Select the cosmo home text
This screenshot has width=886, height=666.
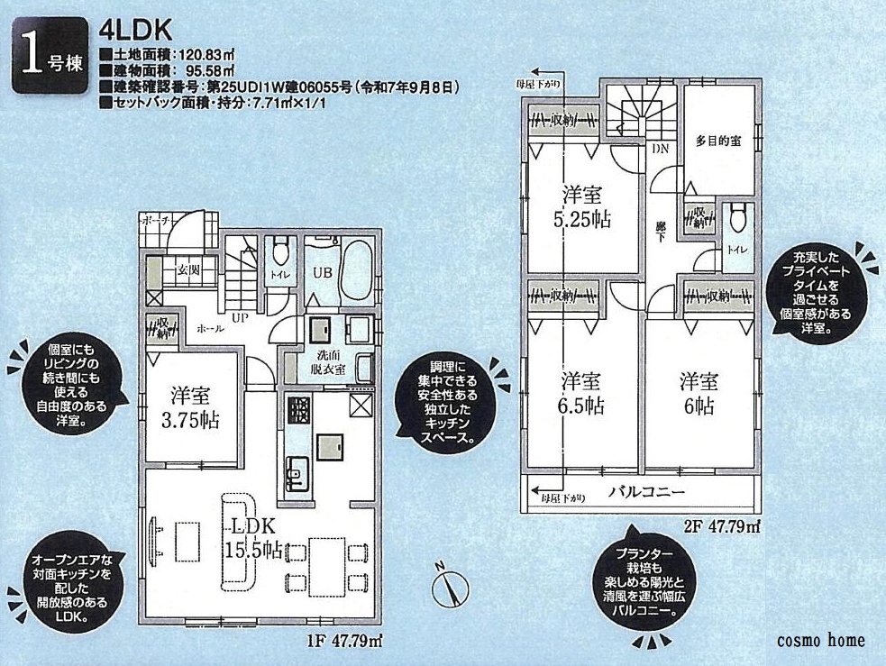point(820,641)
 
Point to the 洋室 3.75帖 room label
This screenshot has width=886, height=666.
point(189,408)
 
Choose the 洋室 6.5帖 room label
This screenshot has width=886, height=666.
point(583,392)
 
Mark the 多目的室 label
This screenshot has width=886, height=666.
point(718,141)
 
